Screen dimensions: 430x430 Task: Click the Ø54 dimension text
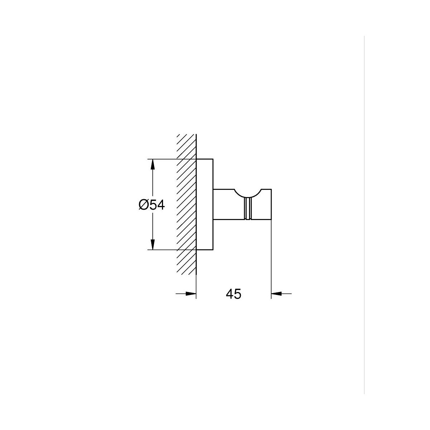pos(152,205)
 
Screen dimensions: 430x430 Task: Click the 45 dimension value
pos(233,294)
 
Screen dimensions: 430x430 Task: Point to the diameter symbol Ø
pos(143,205)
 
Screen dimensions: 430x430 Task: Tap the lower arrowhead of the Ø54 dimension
pos(152,245)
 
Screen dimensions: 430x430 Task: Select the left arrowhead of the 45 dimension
pos(191,294)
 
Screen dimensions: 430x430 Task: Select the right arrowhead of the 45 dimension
pos(276,294)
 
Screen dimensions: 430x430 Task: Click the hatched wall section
pos(186,204)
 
